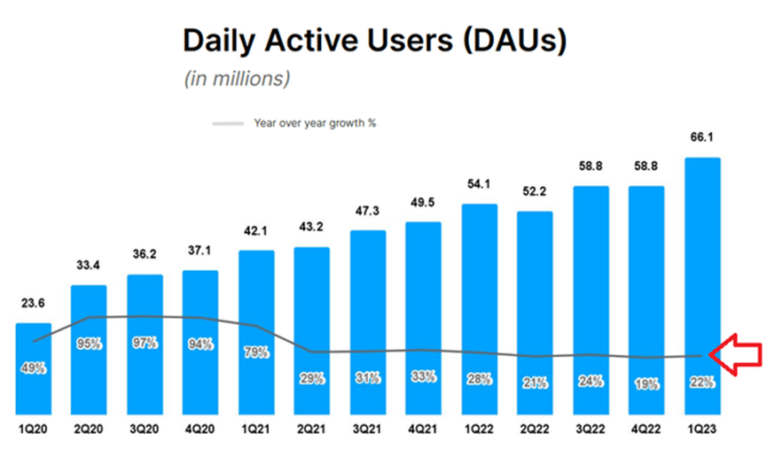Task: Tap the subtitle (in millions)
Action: pos(237,79)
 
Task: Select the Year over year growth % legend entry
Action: pos(294,123)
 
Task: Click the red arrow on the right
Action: pos(738,356)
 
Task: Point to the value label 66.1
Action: pos(702,139)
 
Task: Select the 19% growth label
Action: pos(646,383)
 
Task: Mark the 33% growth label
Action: pos(423,377)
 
